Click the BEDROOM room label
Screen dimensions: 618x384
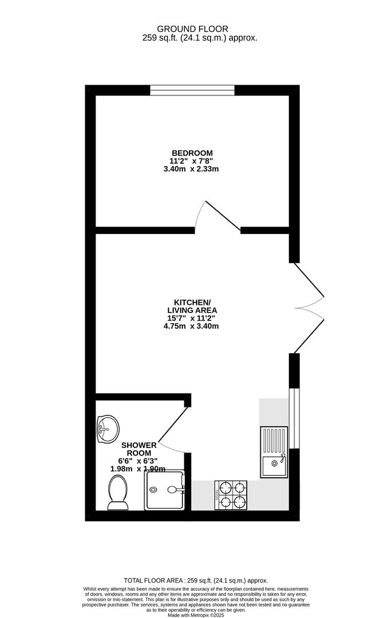192,153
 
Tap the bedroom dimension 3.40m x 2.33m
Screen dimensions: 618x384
192,169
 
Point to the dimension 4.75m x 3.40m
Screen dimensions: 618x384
192,326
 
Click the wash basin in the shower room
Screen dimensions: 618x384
107,427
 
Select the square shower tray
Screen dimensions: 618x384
165,490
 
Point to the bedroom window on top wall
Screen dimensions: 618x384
192,90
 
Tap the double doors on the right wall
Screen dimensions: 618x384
309,308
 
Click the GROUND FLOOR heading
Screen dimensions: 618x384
192,29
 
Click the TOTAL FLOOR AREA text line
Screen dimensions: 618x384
192,580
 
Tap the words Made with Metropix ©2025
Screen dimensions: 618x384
192,615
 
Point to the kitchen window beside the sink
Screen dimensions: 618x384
294,418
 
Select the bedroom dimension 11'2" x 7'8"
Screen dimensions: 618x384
192,161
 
